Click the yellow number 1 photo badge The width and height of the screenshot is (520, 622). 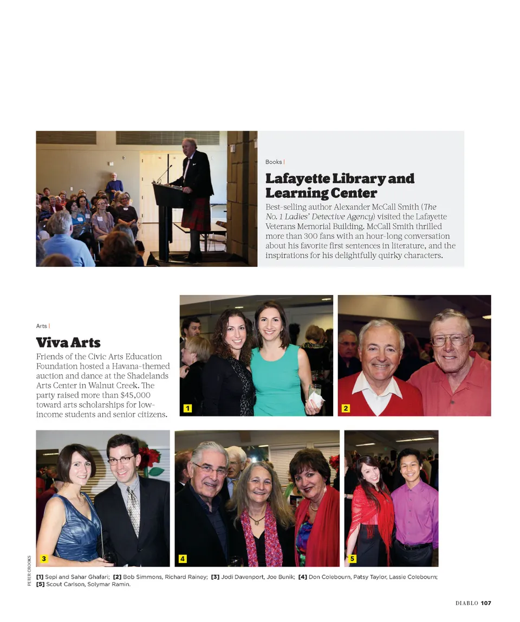pyautogui.click(x=187, y=408)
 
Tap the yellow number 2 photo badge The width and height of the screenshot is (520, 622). pyautogui.click(x=346, y=408)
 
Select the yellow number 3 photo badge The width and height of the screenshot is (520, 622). pyautogui.click(x=44, y=559)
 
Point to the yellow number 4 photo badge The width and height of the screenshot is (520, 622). pyautogui.click(x=183, y=559)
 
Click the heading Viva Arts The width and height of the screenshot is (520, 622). pyautogui.click(x=68, y=343)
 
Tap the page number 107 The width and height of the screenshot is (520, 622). pyautogui.click(x=485, y=603)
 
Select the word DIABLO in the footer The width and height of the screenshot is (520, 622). pyautogui.click(x=466, y=603)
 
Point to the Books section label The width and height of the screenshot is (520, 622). pyautogui.click(x=274, y=162)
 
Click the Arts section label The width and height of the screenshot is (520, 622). pyautogui.click(x=42, y=326)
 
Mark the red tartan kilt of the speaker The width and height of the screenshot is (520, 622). pyautogui.click(x=196, y=214)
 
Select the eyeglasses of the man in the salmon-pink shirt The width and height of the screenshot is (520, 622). pyautogui.click(x=451, y=340)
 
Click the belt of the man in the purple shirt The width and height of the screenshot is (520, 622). pyautogui.click(x=414, y=546)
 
